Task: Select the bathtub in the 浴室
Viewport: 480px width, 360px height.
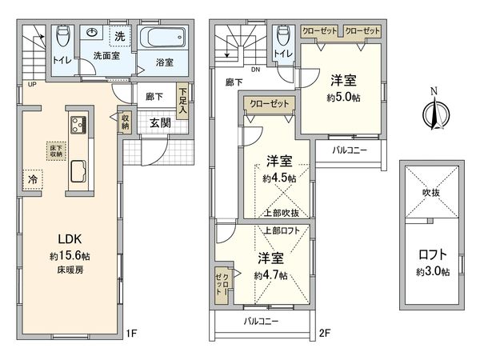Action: [162, 39]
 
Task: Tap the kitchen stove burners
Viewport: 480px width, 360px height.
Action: [81, 126]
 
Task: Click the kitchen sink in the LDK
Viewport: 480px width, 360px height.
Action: [80, 170]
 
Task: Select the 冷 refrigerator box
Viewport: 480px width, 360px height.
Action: [33, 178]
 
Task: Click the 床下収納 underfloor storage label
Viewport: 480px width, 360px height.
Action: [52, 152]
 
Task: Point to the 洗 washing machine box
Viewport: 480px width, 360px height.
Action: [118, 37]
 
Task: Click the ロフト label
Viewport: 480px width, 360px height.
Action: [433, 256]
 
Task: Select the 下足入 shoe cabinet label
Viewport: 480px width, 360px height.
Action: [183, 102]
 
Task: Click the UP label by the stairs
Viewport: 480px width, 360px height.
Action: [32, 85]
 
